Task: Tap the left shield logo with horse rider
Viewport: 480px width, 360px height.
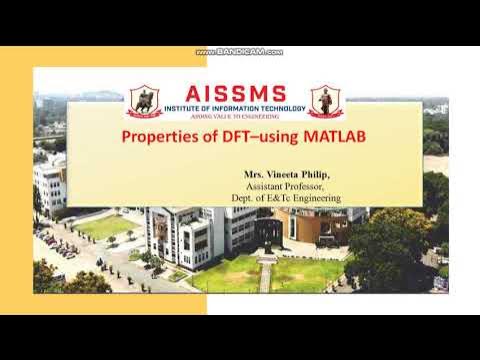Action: (x=144, y=101)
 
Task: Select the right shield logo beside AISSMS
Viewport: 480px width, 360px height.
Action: (x=325, y=101)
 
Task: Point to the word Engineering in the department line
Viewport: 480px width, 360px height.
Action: (x=315, y=199)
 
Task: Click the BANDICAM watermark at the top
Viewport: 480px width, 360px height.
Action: (x=240, y=52)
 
